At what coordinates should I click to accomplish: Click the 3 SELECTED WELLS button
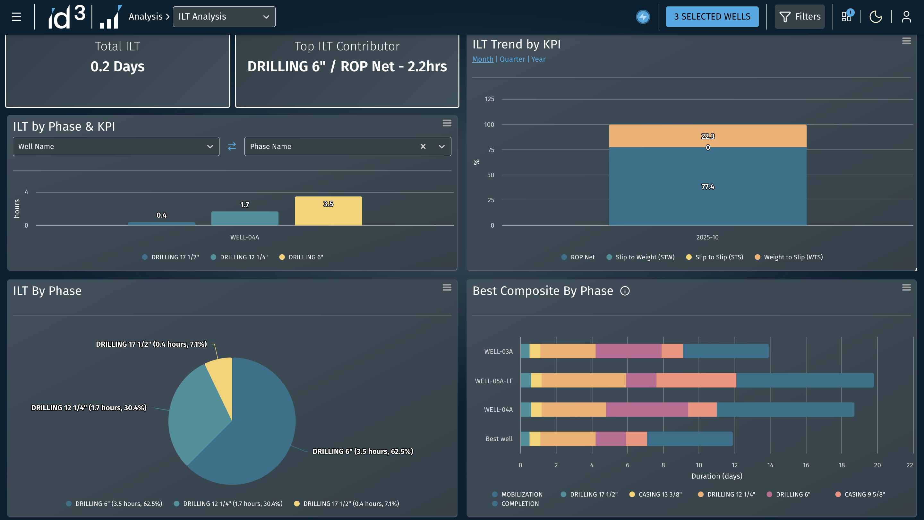click(712, 16)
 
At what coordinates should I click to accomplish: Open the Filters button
click(800, 16)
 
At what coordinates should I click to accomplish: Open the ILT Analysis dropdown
click(224, 16)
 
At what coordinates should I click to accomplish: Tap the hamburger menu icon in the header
click(16, 16)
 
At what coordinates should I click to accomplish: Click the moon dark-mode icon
click(876, 16)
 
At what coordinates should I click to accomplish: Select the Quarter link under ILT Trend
click(512, 59)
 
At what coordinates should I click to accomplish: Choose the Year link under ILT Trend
click(538, 59)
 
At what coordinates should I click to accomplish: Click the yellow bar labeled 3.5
click(328, 211)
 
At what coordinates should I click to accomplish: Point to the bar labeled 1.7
click(244, 218)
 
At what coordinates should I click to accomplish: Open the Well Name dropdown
click(116, 146)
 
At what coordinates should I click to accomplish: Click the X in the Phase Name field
click(423, 146)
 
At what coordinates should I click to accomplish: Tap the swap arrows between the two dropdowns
click(232, 146)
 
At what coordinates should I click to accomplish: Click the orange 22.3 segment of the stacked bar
click(708, 136)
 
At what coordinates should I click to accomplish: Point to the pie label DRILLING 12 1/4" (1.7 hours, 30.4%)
click(89, 408)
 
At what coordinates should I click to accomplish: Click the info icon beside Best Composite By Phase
click(625, 291)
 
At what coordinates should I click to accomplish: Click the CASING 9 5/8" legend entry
click(860, 494)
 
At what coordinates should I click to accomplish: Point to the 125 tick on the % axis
click(489, 99)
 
